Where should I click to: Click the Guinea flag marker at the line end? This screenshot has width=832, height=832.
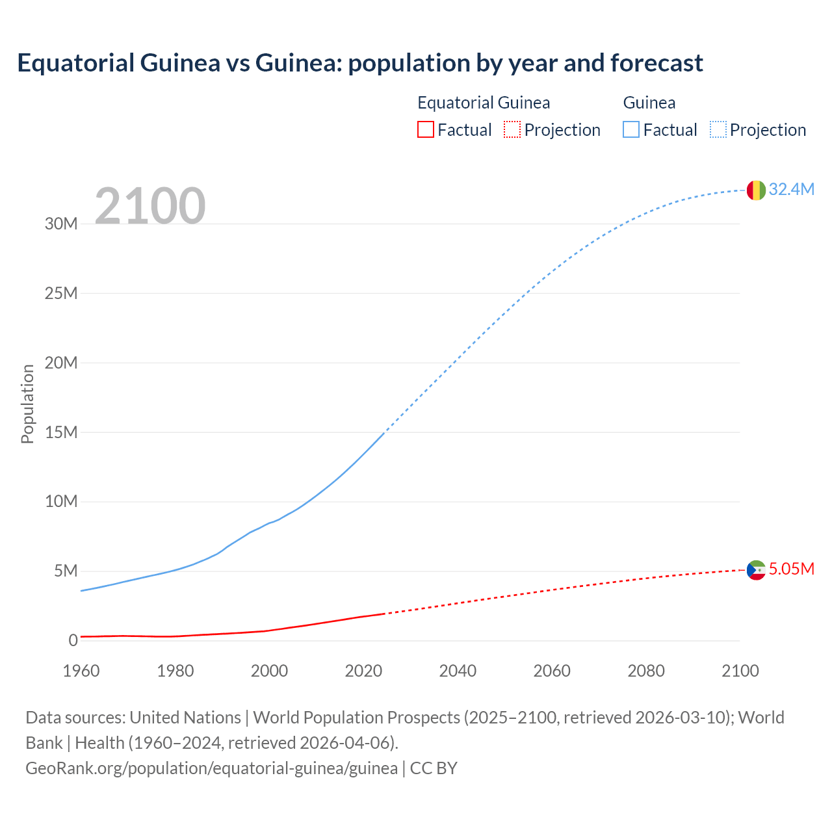point(756,190)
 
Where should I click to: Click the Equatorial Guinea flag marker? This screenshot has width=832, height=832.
point(756,570)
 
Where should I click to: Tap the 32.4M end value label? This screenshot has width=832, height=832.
point(791,189)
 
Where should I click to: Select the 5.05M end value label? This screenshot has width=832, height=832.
point(791,569)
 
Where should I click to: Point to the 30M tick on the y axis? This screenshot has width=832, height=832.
point(61,224)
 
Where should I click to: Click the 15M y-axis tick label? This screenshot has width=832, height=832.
point(61,432)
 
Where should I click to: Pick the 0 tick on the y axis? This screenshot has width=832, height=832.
point(73,640)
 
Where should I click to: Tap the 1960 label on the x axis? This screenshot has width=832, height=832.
point(81,671)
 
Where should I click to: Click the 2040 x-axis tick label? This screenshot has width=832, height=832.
point(458,671)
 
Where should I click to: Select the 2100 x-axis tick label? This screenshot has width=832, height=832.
point(740,671)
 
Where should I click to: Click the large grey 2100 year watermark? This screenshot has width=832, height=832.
point(150,206)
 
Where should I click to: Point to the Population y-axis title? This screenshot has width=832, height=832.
point(27,404)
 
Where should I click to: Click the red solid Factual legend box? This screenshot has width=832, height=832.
point(425,129)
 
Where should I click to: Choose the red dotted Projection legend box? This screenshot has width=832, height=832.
point(512,129)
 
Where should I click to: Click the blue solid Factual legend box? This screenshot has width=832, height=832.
point(630,129)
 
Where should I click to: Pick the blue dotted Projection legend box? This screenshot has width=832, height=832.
point(718,129)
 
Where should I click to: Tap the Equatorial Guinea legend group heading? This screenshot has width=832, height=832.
point(484,103)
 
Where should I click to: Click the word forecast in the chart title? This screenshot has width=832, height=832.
point(656,63)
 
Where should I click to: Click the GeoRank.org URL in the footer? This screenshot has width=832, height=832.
point(211,768)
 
